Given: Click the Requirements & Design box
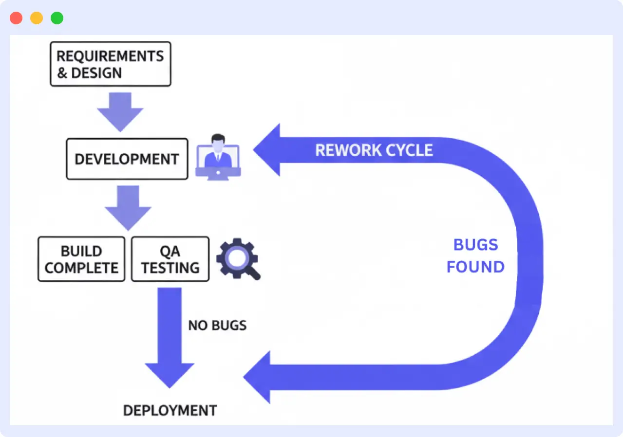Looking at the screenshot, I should pyautogui.click(x=111, y=64).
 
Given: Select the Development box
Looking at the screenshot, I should pyautogui.click(x=127, y=159).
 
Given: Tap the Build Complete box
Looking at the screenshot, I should pyautogui.click(x=81, y=259).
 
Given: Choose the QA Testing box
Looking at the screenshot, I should pyautogui.click(x=170, y=259).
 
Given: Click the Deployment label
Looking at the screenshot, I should pyautogui.click(x=170, y=410).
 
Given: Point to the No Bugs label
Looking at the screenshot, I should pyautogui.click(x=217, y=325).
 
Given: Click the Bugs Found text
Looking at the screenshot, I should pyautogui.click(x=475, y=256).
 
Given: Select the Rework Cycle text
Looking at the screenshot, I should pyautogui.click(x=374, y=150).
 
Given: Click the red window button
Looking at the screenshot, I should pyautogui.click(x=16, y=18).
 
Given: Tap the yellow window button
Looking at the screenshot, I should pyautogui.click(x=37, y=18).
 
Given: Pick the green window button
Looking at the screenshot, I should pyautogui.click(x=57, y=18).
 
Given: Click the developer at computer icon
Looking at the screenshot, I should pyautogui.click(x=218, y=157).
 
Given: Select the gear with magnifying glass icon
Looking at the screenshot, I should pyautogui.click(x=238, y=258).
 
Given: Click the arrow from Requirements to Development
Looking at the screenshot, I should pyautogui.click(x=120, y=111).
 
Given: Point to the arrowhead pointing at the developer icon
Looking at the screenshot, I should pyautogui.click(x=268, y=150).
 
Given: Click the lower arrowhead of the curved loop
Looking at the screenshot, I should pyautogui.click(x=258, y=377).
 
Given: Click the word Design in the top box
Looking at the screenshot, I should pyautogui.click(x=96, y=73).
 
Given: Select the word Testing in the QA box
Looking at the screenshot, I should pyautogui.click(x=170, y=268).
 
